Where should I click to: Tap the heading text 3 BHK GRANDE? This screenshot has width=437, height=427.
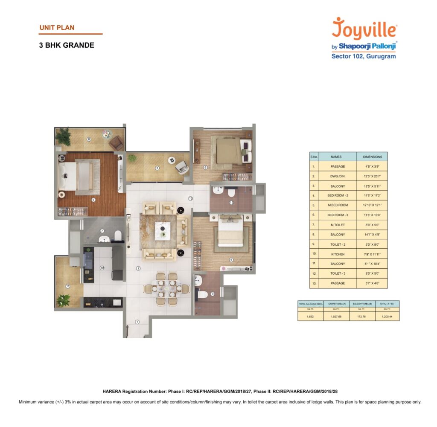click(67, 45)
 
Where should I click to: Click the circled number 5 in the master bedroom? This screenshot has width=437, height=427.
click(93, 199)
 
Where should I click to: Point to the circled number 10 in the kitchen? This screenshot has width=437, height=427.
click(102, 268)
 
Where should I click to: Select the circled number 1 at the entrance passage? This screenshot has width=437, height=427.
click(137, 322)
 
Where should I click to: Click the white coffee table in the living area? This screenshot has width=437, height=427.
click(163, 231)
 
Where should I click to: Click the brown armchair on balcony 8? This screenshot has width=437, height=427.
click(116, 143)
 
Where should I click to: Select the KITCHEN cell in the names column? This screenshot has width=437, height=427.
click(337, 254)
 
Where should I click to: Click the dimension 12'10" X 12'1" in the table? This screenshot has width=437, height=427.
click(372, 205)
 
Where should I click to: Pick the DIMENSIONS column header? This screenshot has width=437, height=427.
click(372, 157)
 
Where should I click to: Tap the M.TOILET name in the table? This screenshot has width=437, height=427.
click(337, 225)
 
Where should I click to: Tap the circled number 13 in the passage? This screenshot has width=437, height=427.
click(190, 199)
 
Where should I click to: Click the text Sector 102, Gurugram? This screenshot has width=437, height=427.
click(364, 56)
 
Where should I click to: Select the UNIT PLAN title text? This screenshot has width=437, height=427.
click(57, 28)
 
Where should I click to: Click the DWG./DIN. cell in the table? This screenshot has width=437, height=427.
click(337, 176)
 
